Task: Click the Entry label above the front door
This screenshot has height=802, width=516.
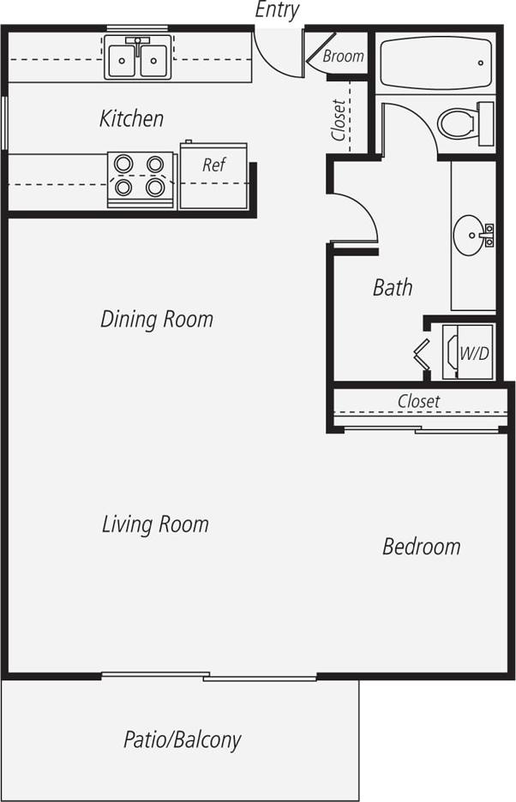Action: point(277,10)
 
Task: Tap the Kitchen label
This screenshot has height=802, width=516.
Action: point(131,118)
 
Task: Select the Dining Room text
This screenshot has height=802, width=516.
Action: point(156,320)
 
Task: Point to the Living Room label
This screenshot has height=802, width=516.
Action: point(155,524)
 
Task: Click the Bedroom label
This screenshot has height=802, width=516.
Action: point(421,546)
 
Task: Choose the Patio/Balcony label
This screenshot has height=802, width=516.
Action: point(182,739)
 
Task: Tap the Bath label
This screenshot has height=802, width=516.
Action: point(393,287)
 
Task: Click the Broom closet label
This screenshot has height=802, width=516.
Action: point(343,57)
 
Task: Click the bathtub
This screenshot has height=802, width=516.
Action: point(436,62)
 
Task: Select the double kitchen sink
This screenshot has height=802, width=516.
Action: point(136,58)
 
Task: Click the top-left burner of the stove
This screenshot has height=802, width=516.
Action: point(124,163)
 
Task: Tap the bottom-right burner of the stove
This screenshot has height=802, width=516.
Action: point(155,186)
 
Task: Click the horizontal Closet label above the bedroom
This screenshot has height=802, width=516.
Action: point(418,401)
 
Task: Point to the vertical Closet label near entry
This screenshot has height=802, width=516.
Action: point(339,121)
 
